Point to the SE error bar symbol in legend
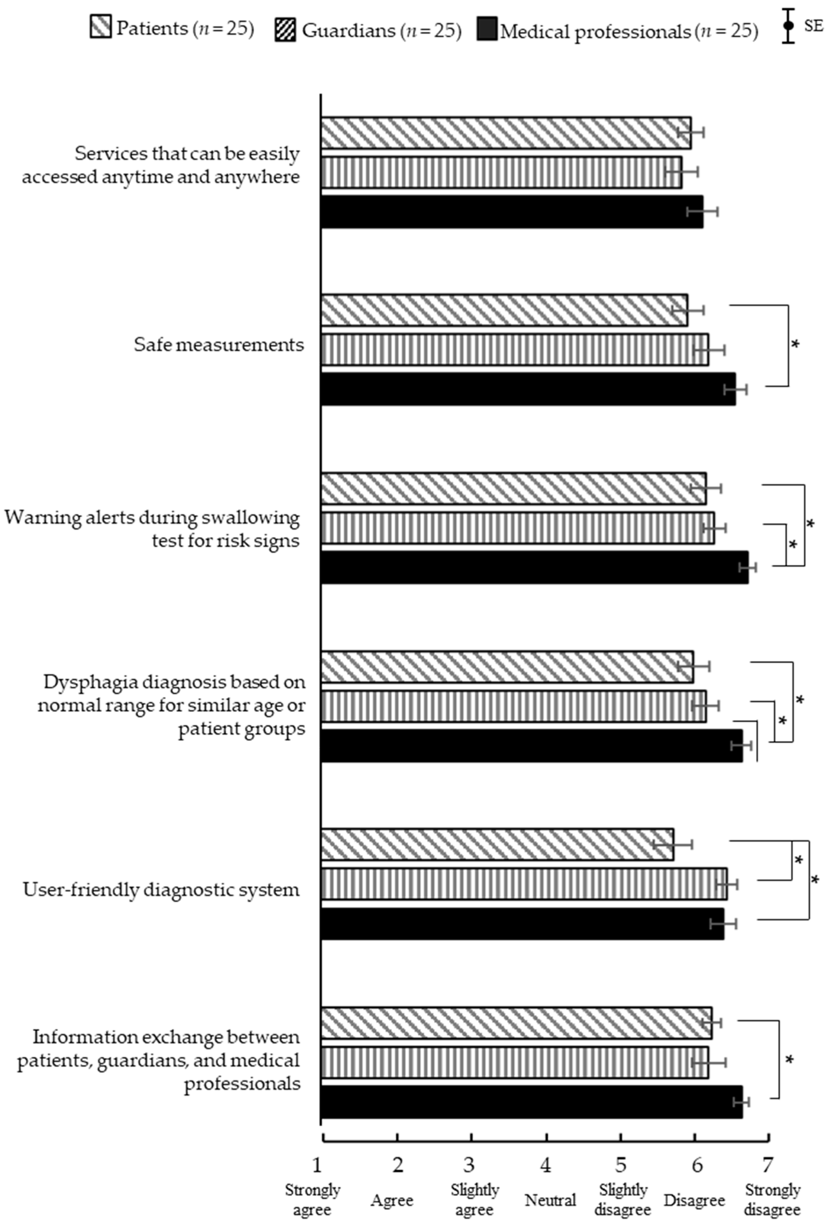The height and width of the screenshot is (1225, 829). (x=788, y=26)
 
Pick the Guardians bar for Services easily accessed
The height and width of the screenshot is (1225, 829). (x=501, y=172)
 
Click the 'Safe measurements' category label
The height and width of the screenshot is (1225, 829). (x=219, y=345)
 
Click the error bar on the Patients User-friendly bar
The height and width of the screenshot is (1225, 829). (x=672, y=844)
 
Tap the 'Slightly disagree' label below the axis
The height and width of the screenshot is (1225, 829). (x=623, y=1200)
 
